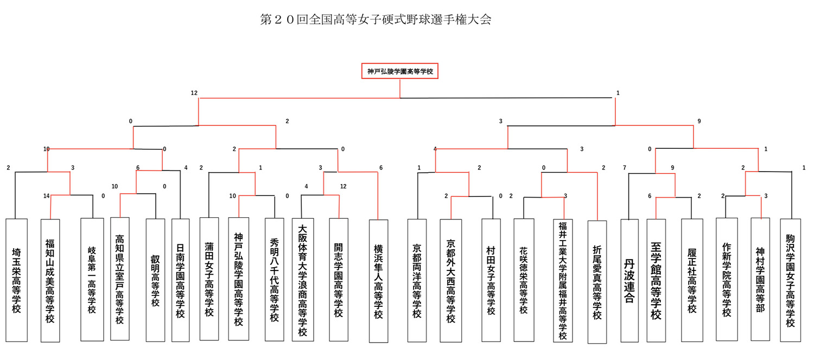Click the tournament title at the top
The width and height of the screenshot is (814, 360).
click(376, 19)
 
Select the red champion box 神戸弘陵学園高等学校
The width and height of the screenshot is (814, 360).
click(400, 71)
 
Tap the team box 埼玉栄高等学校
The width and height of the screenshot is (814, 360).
click(16, 280)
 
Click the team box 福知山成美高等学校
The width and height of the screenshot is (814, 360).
click(50, 280)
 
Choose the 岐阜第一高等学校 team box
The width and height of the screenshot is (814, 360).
click(92, 280)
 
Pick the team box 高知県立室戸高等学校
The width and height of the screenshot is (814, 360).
click(120, 279)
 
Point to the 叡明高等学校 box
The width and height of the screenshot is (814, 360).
click(155, 280)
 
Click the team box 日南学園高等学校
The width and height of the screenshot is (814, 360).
click(180, 280)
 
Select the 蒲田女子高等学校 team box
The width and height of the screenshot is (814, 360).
click(209, 279)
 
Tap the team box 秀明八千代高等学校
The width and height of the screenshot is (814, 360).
click(275, 279)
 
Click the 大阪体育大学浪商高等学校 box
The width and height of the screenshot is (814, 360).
click(303, 280)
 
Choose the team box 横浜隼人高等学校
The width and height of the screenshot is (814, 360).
click(378, 281)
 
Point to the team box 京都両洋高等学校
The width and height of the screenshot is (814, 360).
click(417, 280)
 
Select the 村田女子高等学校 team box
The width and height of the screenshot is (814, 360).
click(491, 280)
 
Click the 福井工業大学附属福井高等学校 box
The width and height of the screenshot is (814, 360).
click(563, 280)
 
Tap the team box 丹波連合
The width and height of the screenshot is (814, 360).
click(629, 281)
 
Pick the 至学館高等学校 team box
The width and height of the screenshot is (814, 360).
click(656, 280)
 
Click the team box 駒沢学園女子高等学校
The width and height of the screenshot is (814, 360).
click(790, 280)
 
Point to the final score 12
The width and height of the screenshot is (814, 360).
click(194, 93)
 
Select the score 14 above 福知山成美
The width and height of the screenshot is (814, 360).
click(47, 196)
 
